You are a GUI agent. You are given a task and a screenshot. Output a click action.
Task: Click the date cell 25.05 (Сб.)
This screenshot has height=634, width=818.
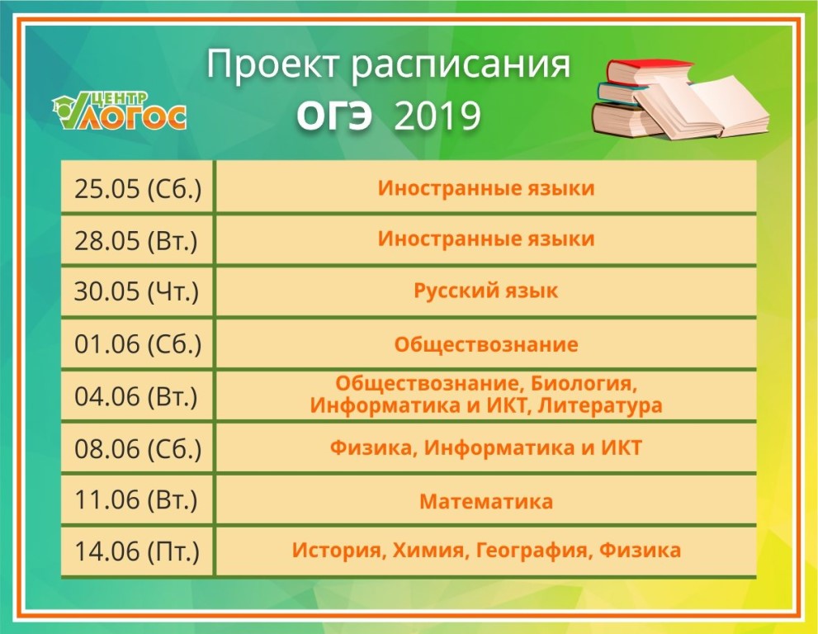(x=138, y=188)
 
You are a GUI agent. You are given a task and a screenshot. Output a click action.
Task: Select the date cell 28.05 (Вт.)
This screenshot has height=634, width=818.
(x=136, y=240)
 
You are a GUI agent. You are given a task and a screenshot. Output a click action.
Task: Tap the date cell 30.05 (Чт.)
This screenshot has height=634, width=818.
(x=137, y=291)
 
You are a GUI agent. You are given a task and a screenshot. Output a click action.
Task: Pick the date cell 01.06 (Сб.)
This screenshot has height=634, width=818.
(x=138, y=344)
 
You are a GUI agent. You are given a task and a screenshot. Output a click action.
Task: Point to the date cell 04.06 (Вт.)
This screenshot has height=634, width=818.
(x=136, y=396)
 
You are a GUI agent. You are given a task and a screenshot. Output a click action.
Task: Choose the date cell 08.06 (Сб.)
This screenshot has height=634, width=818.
(x=138, y=448)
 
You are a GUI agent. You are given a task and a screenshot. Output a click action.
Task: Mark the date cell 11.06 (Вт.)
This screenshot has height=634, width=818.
(x=136, y=499)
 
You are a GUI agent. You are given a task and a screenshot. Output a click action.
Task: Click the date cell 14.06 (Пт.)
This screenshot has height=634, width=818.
(x=137, y=551)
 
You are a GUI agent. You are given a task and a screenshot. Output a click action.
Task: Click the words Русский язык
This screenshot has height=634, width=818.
(x=485, y=291)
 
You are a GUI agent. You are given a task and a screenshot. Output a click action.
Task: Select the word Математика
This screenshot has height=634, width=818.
(x=486, y=501)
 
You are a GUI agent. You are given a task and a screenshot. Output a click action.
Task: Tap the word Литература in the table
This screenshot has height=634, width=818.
(x=600, y=405)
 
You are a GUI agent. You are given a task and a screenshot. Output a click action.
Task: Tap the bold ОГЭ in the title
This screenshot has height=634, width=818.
(x=334, y=116)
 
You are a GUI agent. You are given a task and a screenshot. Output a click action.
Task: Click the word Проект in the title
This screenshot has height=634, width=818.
(x=272, y=65)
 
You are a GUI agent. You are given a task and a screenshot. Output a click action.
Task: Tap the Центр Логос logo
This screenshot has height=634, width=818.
(x=120, y=111)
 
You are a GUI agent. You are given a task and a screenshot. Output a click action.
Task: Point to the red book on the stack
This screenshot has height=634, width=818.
(x=650, y=71)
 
